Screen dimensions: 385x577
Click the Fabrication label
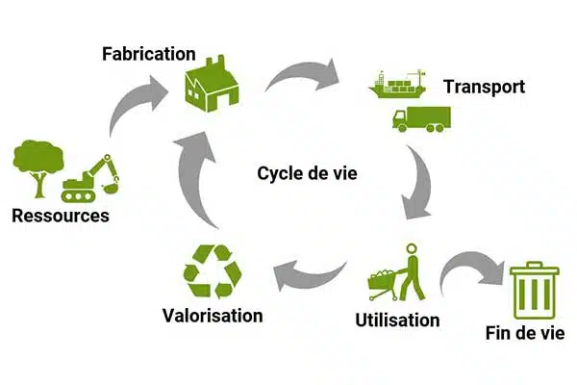point(148,53)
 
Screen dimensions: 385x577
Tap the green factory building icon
point(212,83)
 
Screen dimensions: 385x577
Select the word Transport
point(484,87)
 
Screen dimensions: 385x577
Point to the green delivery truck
point(419,118)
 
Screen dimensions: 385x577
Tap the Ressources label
point(61,216)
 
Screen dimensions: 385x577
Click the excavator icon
point(91,178)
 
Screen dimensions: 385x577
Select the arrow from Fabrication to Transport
point(306,75)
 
